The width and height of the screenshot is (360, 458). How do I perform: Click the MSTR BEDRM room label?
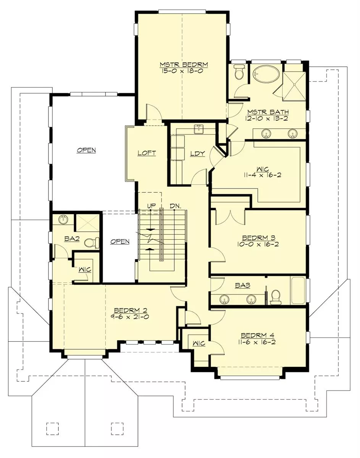click(184, 64)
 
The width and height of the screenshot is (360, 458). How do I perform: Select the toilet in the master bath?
click(239, 72)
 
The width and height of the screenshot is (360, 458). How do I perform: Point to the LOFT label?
click(147, 153)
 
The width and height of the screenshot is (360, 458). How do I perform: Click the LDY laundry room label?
click(197, 153)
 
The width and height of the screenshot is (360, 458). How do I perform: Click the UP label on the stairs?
click(151, 206)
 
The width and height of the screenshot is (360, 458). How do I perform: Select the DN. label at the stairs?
click(175, 206)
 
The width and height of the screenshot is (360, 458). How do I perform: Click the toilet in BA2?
click(92, 243)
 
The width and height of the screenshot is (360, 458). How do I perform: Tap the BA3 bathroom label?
click(242, 285)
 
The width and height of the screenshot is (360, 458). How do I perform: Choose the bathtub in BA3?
click(298, 291)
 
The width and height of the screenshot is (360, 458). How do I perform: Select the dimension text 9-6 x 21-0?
click(131, 317)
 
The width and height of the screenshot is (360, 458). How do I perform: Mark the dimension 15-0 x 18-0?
click(182, 71)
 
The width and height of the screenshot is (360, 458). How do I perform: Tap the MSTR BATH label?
click(268, 112)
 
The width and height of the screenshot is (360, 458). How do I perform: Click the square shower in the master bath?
click(294, 86)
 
